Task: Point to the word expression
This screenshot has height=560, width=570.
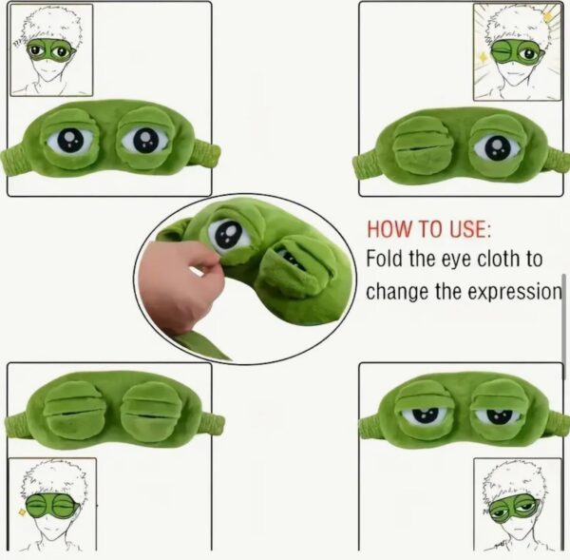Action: click(514, 292)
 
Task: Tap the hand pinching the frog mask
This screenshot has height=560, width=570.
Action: click(176, 283)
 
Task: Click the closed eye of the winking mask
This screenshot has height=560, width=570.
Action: click(423, 145)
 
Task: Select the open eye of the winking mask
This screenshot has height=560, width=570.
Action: click(497, 146)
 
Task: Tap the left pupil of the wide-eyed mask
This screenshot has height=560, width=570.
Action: click(70, 140)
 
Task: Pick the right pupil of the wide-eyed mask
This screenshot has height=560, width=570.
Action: click(145, 141)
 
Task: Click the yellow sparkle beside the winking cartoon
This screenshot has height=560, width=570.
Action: click(484, 58)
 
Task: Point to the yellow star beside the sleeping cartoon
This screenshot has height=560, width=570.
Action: click(22, 512)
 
